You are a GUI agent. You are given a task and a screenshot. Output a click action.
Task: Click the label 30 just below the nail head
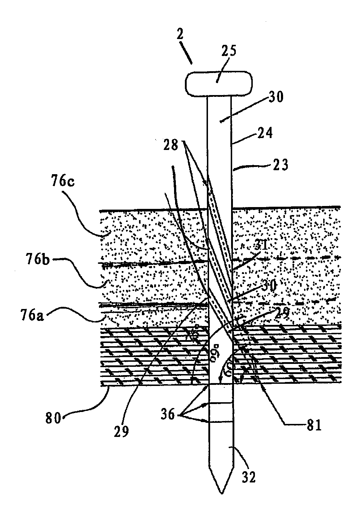click(x=276, y=97)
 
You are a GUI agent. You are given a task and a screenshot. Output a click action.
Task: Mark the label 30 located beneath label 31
click(x=268, y=285)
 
